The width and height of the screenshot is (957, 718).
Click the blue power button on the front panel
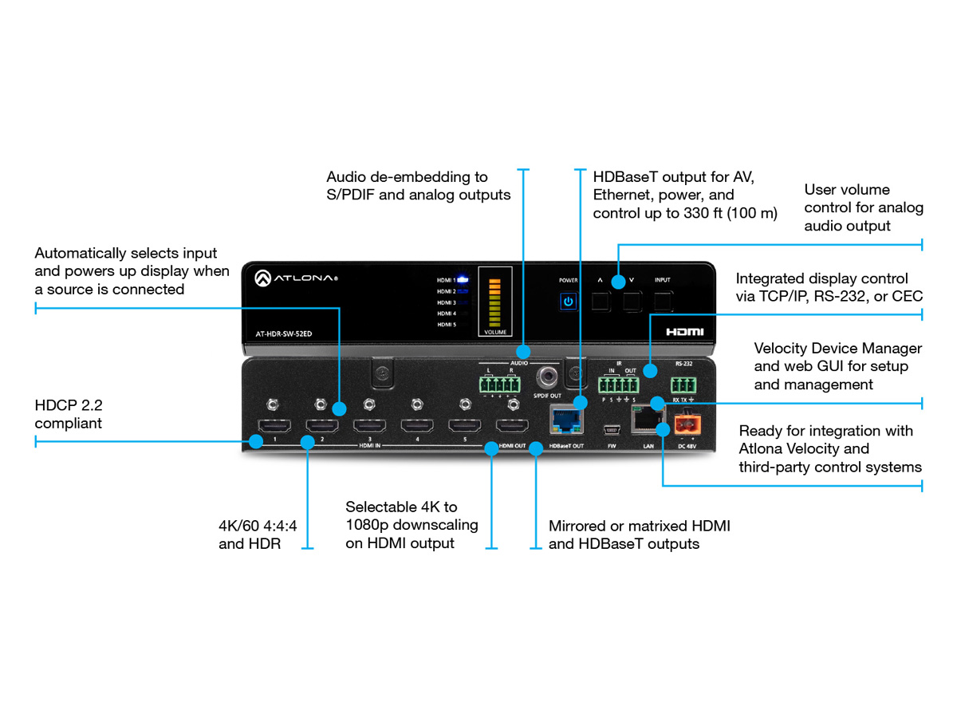[568, 302]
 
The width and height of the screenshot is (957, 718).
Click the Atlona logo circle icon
[264, 279]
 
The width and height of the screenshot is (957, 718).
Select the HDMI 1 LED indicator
[462, 280]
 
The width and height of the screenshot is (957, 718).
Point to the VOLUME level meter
[494, 303]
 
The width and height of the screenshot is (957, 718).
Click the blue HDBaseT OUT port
[565, 419]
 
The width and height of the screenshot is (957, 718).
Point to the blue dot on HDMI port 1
[256, 440]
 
